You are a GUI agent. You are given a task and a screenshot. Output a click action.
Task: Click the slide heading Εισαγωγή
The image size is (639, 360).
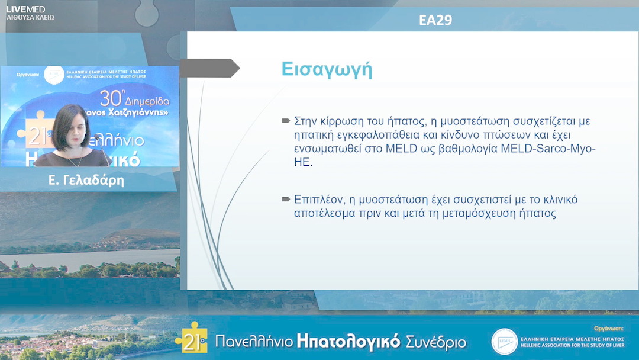coord(327,69)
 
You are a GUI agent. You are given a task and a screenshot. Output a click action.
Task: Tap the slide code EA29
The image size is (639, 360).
coord(435,20)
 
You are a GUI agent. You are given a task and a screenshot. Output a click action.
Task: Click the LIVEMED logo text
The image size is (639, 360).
coord(25,9)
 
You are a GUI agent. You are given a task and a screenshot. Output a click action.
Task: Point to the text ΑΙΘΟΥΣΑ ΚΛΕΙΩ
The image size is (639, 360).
coord(30,18)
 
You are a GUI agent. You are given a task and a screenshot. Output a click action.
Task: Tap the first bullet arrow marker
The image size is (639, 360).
coord(286,121)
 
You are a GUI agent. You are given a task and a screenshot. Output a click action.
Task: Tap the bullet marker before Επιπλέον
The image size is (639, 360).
coord(286,199)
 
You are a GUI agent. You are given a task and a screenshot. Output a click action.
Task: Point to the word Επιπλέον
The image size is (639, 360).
coord(316,200)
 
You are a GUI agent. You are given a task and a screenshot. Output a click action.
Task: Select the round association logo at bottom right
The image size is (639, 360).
coord(504,342)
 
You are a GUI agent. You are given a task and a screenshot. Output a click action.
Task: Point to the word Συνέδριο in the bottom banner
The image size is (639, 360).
coord(436,342)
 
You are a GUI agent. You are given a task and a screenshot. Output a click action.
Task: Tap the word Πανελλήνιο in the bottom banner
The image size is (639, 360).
coord(253,342)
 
